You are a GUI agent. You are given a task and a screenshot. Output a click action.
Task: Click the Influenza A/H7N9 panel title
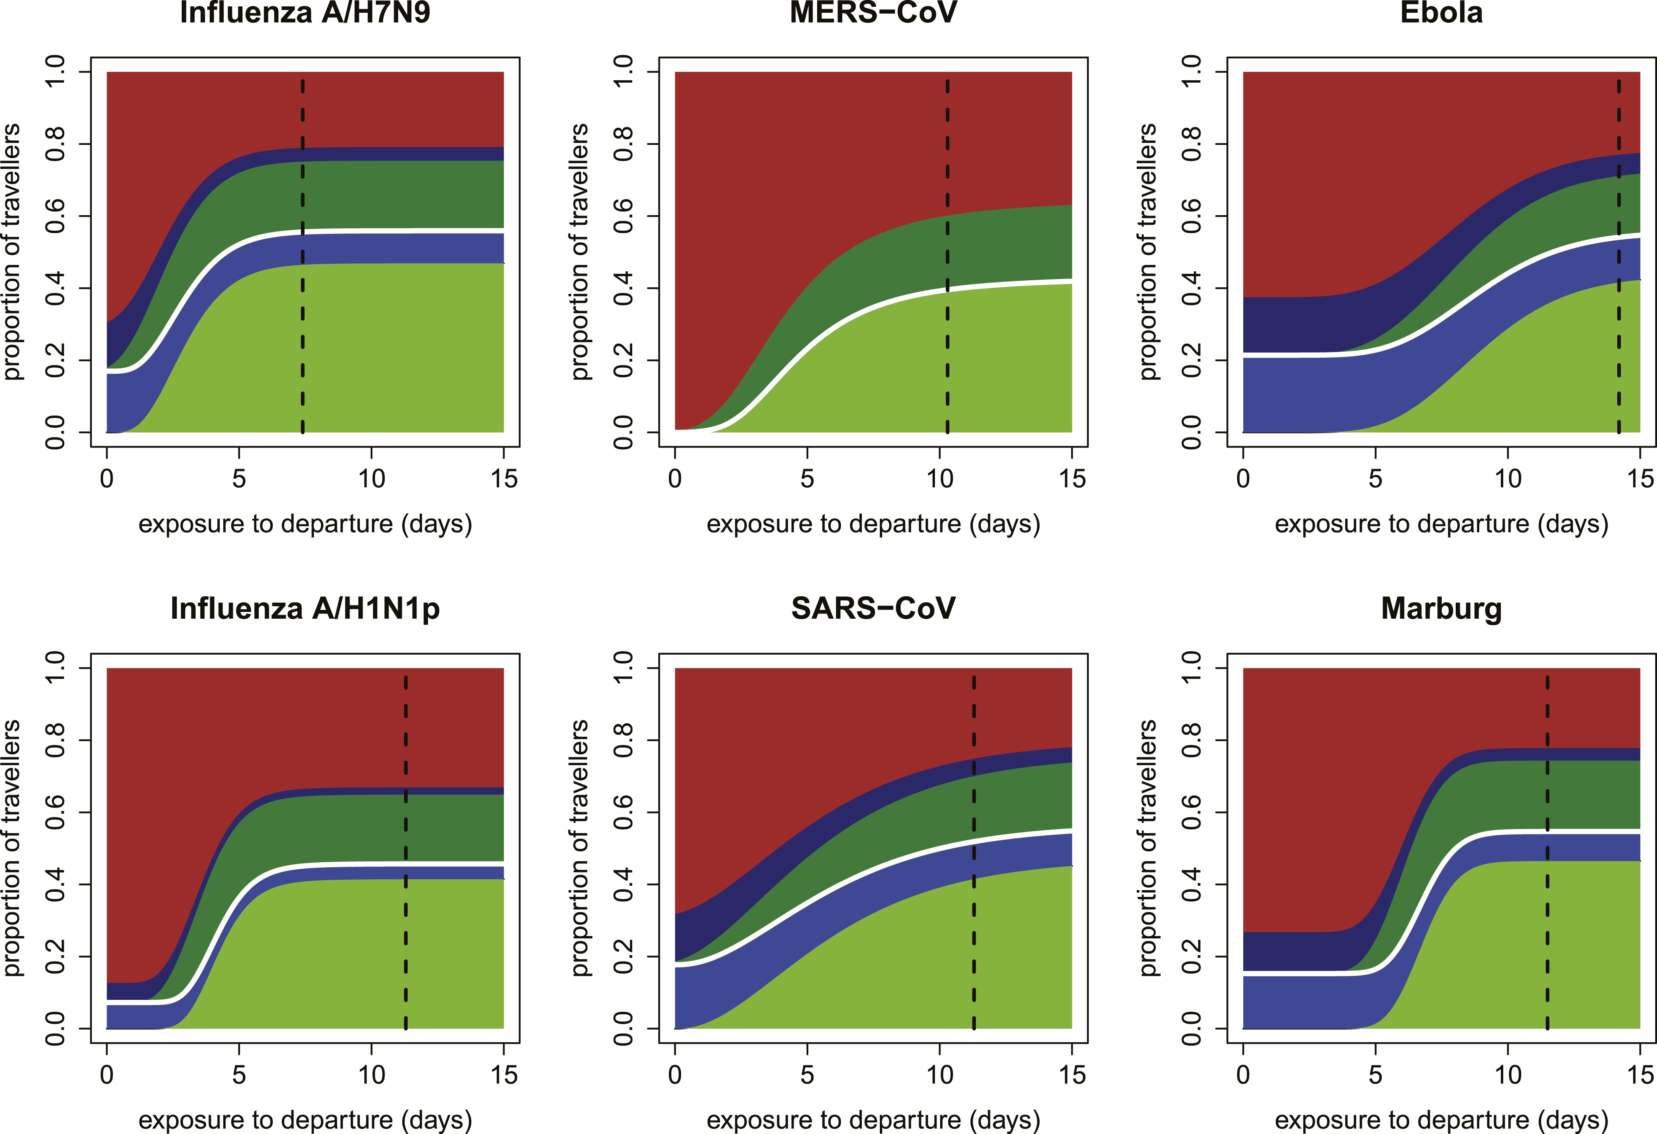pos(305,13)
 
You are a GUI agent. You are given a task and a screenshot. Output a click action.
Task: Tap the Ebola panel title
pos(1441,13)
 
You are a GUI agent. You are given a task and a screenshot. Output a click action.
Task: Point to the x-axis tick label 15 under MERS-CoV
pos(1072,478)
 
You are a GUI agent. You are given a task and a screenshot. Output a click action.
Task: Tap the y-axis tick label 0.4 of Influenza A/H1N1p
pos(55,885)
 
